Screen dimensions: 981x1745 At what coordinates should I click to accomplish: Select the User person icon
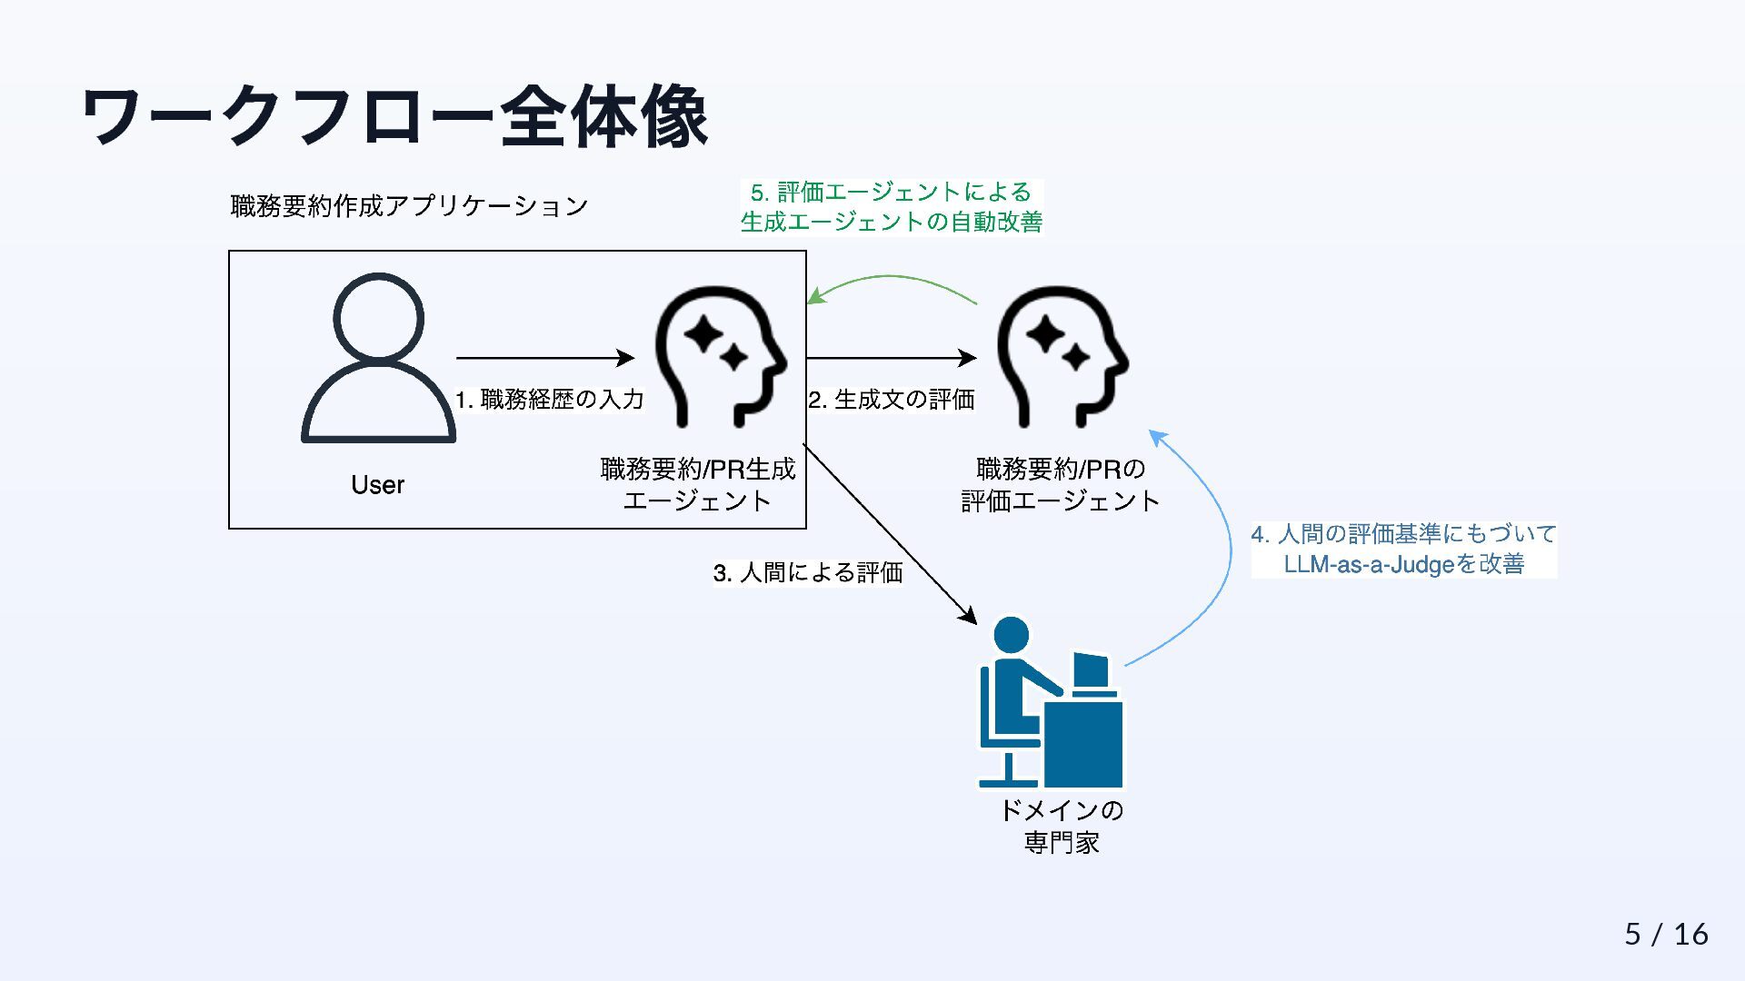(x=378, y=358)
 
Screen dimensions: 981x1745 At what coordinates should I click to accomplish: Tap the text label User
(x=377, y=485)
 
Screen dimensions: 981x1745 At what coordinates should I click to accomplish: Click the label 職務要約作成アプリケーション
(x=409, y=206)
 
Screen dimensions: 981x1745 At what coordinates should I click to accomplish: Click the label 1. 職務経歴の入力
(x=549, y=400)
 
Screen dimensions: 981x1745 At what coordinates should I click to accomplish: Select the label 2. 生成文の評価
(x=891, y=400)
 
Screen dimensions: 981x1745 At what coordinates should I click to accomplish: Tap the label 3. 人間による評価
(x=807, y=572)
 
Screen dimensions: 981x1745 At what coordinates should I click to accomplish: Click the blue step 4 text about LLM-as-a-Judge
(x=1403, y=549)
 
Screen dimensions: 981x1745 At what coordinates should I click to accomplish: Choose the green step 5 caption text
(x=891, y=207)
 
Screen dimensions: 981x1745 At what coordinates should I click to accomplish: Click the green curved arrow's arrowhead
(x=815, y=296)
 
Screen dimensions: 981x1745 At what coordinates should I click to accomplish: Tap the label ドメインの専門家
(x=1062, y=826)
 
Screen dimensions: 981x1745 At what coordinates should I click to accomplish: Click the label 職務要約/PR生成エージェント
(x=697, y=484)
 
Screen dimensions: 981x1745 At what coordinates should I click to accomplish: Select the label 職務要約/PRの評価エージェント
(x=1061, y=484)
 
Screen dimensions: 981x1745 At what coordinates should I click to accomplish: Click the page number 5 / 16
(x=1666, y=934)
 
